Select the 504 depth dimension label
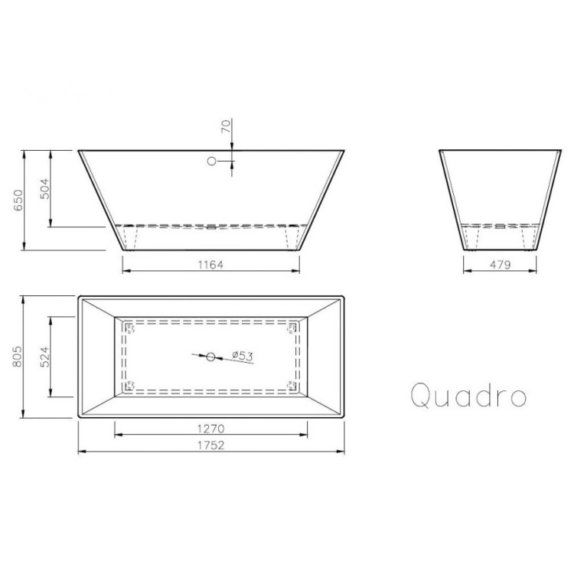point(44,188)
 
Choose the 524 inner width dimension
point(44,357)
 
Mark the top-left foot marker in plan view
point(129,329)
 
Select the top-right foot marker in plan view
point(292,329)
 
